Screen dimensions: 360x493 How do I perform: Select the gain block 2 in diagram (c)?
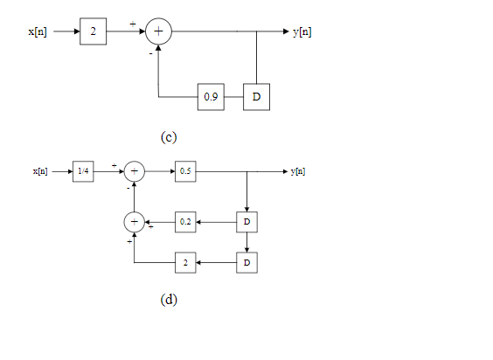(93, 31)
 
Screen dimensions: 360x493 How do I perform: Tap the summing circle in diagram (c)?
(158, 31)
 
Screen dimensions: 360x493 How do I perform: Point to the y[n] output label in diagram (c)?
(302, 31)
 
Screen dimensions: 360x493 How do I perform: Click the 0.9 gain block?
(211, 97)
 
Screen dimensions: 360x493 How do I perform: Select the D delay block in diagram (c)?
(256, 97)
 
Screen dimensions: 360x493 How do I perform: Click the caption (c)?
(169, 137)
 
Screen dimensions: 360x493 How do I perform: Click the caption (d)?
(169, 300)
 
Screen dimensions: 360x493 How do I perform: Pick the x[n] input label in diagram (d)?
(40, 171)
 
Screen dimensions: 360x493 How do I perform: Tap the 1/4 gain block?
(83, 171)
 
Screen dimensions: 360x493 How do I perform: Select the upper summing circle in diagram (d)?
(134, 171)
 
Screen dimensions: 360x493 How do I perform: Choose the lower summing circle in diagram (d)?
(134, 223)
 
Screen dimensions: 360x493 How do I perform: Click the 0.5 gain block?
(185, 171)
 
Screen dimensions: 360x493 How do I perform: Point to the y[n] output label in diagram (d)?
(297, 171)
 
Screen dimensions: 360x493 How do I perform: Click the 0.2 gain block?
(185, 223)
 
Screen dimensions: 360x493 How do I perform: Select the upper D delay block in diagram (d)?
(247, 223)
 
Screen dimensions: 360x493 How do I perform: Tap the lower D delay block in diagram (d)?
(247, 262)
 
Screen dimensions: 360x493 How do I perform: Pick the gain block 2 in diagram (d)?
(185, 262)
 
